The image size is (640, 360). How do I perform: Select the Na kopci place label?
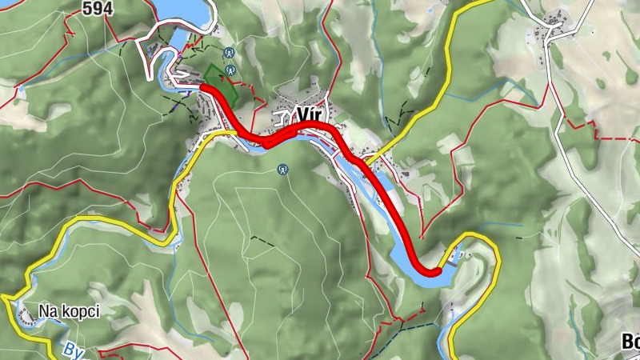click(x=69, y=311)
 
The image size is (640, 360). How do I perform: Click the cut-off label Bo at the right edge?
click(x=630, y=342)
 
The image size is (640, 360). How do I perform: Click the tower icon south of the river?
click(x=282, y=169)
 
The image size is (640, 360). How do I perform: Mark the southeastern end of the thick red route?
click(x=436, y=272)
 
